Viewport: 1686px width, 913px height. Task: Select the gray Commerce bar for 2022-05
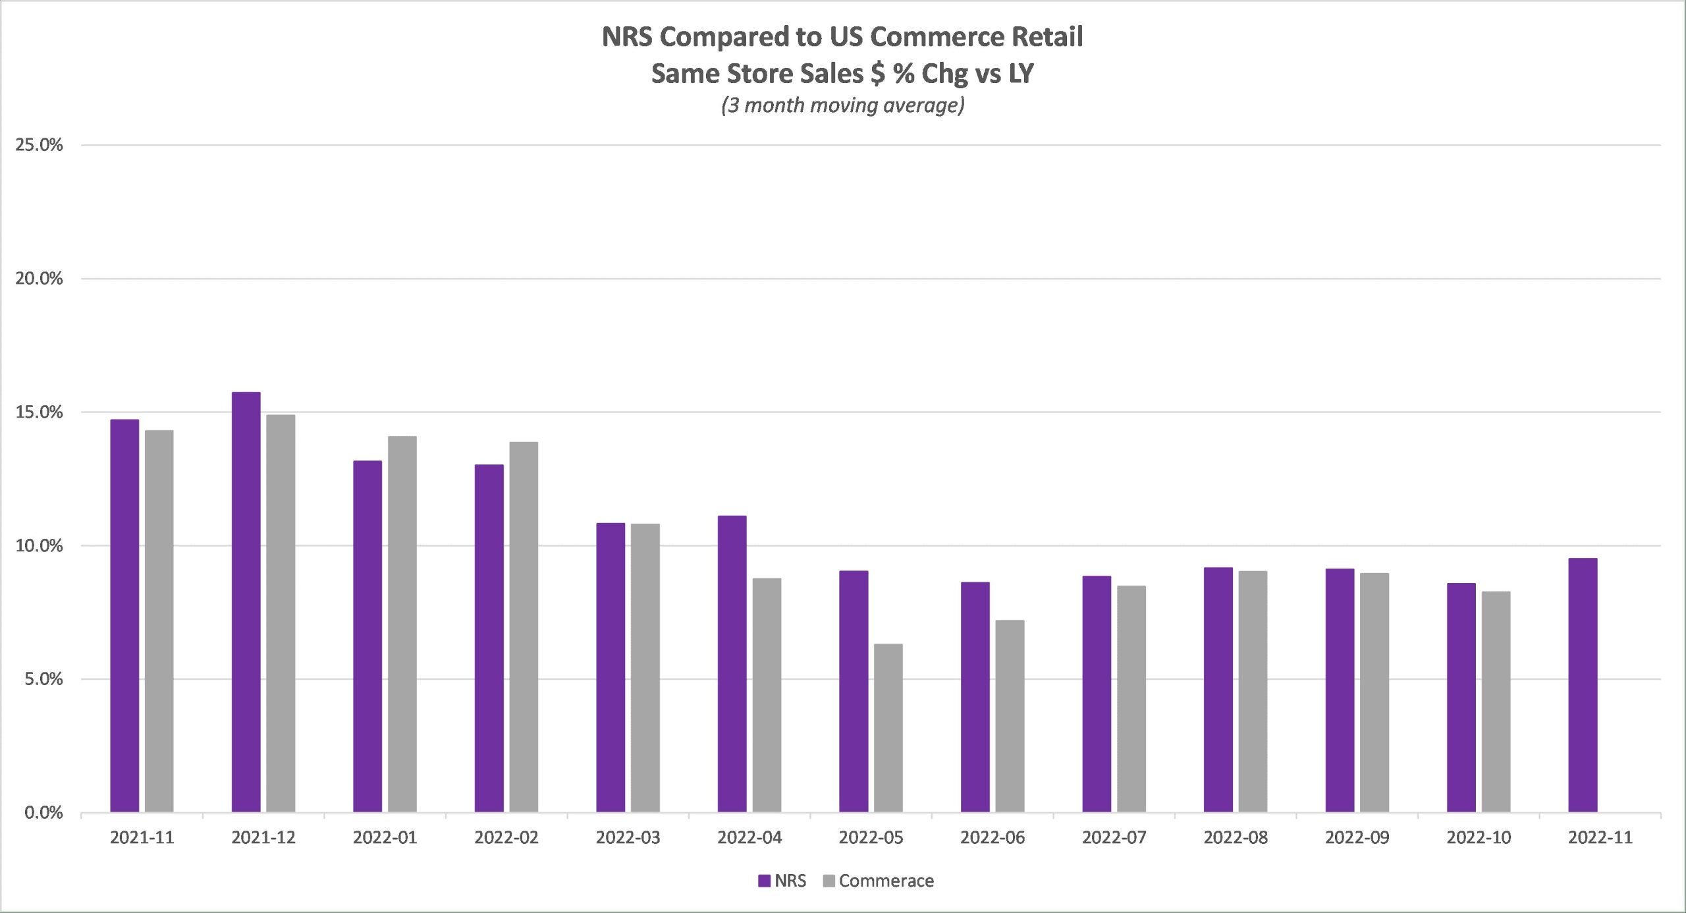888,727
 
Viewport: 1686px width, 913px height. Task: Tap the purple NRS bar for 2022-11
1583,684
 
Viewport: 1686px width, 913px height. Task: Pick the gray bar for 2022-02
524,626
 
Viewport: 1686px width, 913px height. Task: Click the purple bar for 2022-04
732,663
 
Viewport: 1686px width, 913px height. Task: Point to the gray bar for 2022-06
1010,715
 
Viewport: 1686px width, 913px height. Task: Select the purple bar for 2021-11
124,615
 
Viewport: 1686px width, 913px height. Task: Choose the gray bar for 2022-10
1496,701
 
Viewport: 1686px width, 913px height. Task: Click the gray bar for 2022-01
402,623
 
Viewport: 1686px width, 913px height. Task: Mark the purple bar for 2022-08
1218,689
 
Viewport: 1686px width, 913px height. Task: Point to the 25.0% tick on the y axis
39,145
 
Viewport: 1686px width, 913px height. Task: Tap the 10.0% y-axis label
39,545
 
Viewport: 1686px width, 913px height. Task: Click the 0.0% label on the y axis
43,812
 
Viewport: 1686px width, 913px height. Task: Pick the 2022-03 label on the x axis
628,837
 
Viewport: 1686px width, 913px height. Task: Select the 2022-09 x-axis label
1357,837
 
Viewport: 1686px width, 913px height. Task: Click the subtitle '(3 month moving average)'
842,105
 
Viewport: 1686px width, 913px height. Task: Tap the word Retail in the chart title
1047,37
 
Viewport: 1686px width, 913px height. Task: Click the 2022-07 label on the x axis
1114,837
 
